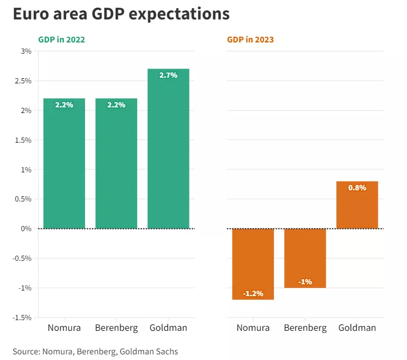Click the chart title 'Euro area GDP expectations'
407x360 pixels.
pyautogui.click(x=121, y=14)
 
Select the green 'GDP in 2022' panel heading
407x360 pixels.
pyautogui.click(x=61, y=39)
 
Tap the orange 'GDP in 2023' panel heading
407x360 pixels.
pyautogui.click(x=250, y=39)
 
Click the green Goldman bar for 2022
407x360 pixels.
pyautogui.click(x=168, y=153)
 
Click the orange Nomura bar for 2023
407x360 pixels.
pyautogui.click(x=253, y=261)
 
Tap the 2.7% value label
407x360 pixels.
pyautogui.click(x=168, y=75)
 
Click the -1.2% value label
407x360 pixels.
pyautogui.click(x=253, y=294)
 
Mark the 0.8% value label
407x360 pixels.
pyautogui.click(x=357, y=188)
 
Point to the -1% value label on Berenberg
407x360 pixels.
pyautogui.click(x=305, y=282)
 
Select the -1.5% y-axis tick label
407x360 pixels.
pyautogui.click(x=23, y=318)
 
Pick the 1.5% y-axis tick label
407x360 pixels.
pyautogui.click(x=24, y=140)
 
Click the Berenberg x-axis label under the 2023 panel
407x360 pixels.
pyautogui.click(x=305, y=328)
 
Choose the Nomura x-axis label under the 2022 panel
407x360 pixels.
pyautogui.click(x=65, y=328)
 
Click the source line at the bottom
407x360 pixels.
pyautogui.click(x=95, y=351)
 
